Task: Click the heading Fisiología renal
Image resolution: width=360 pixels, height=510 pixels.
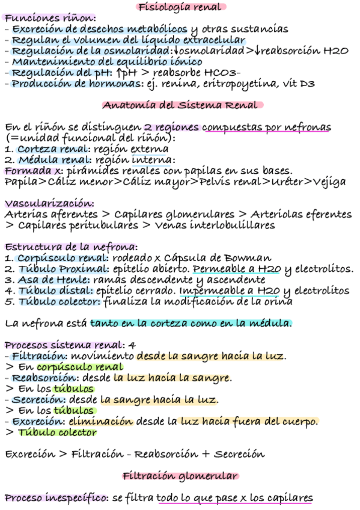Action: tap(181, 7)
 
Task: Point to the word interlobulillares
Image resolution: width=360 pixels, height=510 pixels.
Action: tap(234, 225)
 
